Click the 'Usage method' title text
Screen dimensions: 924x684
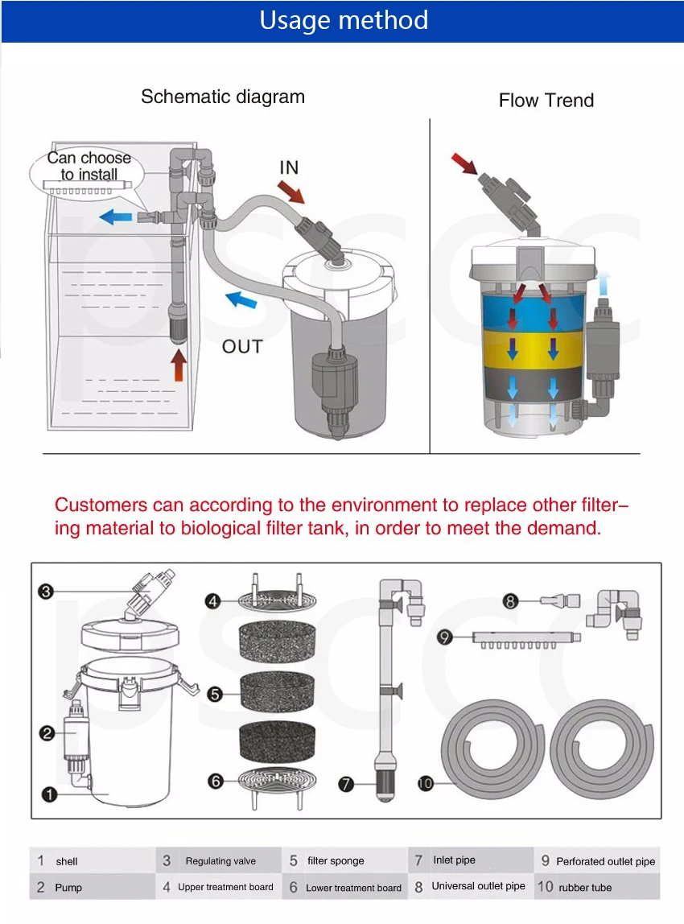pos(344,20)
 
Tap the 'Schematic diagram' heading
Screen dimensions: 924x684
pos(223,97)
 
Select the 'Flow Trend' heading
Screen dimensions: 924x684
pos(546,101)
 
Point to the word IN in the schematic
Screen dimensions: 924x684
pos(289,167)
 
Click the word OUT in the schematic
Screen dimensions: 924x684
pos(242,347)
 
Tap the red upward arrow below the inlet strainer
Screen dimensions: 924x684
pos(179,367)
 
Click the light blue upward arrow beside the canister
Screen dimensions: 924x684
pos(604,283)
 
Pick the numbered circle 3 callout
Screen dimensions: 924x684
pos(46,592)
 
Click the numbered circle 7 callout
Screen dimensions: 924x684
pos(346,782)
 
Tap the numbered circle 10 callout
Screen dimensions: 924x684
pos(426,782)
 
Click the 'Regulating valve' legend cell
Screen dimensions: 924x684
pos(219,861)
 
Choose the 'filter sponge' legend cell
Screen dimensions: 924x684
pos(344,861)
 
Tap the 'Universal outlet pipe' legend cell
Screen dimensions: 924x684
pos(471,886)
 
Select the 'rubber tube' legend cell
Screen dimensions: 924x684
pos(596,887)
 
